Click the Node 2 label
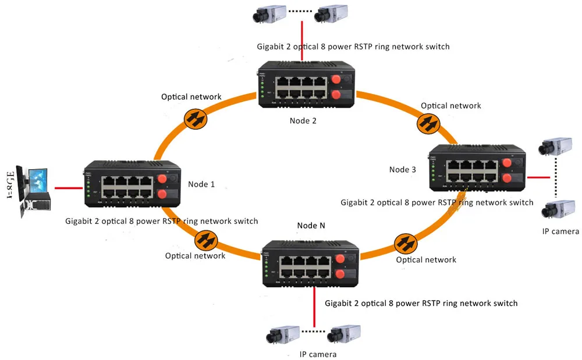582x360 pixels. [x=303, y=120]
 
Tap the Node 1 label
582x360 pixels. [x=201, y=184]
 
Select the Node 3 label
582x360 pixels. [x=403, y=169]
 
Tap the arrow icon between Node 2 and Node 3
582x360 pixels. [x=428, y=124]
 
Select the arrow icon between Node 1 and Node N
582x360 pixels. [x=204, y=238]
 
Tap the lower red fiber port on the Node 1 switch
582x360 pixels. [x=162, y=194]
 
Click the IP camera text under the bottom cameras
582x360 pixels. [x=318, y=354]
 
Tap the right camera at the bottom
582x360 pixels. [x=343, y=334]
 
